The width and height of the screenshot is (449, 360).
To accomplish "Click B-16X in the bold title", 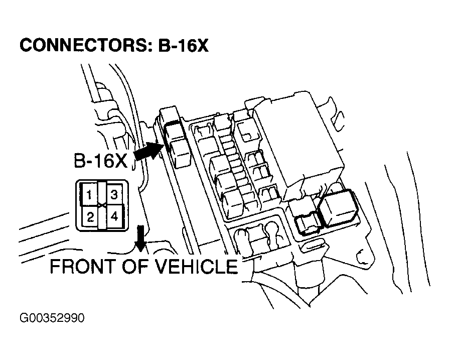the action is pyautogui.click(x=183, y=45).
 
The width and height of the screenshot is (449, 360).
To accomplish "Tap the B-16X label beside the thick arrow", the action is pyautogui.click(x=101, y=161).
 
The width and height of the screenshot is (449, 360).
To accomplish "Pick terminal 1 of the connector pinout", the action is pyautogui.click(x=89, y=194).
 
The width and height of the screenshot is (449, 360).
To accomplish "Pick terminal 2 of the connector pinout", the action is pyautogui.click(x=90, y=217).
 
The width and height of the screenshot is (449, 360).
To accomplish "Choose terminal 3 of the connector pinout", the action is pyautogui.click(x=114, y=194).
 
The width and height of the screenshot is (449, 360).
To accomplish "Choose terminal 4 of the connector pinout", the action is pyautogui.click(x=114, y=216).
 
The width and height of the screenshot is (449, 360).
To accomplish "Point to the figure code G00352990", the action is pyautogui.click(x=52, y=318).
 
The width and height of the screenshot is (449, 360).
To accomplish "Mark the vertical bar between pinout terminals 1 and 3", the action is pyautogui.click(x=102, y=205).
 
